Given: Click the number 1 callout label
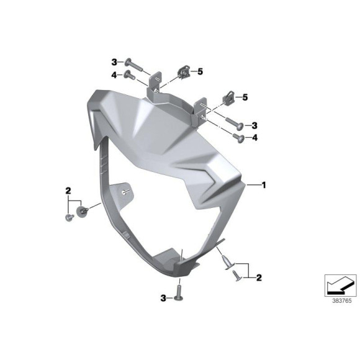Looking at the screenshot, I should [264, 185].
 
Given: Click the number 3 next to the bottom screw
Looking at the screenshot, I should [163, 299].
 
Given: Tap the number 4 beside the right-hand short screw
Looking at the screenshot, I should [254, 138].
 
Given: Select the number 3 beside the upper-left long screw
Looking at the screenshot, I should [114, 61].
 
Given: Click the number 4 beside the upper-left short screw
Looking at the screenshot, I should [114, 75].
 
